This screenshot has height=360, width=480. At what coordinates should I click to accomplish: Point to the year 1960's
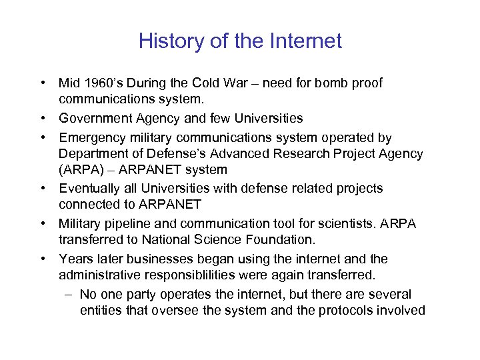(100, 83)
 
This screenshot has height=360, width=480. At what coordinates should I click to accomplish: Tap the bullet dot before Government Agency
(42, 119)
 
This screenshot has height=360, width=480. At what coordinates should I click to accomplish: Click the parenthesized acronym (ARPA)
(79, 170)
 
